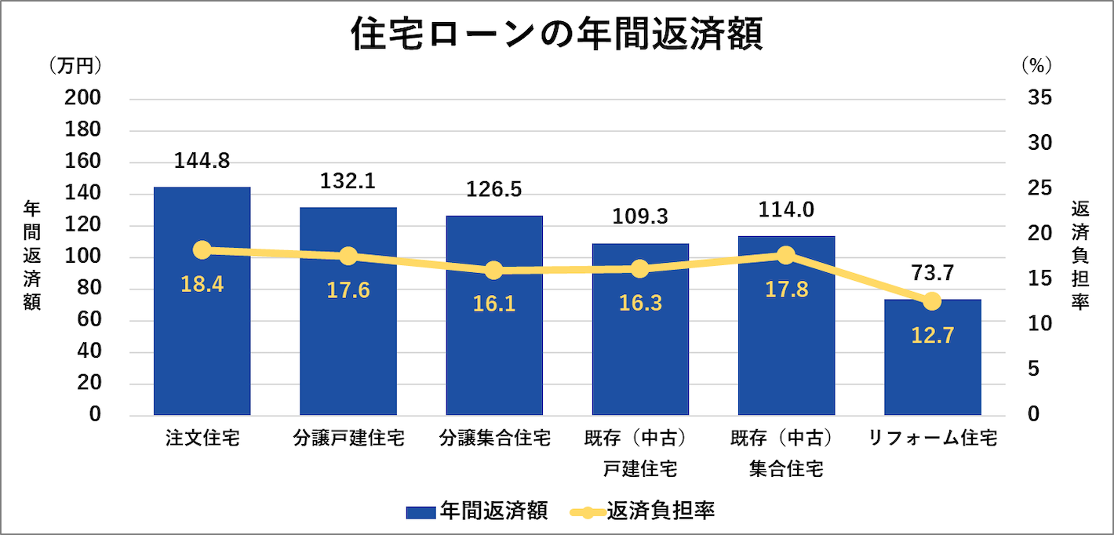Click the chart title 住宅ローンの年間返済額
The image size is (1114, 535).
tap(556, 35)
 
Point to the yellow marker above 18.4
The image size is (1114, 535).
tap(202, 250)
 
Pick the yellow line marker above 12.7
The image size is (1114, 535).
tap(932, 301)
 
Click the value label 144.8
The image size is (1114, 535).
tap(202, 161)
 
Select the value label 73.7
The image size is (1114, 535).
tap(932, 274)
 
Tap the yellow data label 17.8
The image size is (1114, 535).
tap(786, 289)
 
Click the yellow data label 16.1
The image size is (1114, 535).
tap(494, 304)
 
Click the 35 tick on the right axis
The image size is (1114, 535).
tap(1035, 98)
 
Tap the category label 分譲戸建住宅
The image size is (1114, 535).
tap(348, 438)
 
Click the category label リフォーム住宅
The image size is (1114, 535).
tap(932, 438)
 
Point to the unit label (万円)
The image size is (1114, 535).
tap(75, 66)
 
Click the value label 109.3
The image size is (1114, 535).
tap(640, 216)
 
